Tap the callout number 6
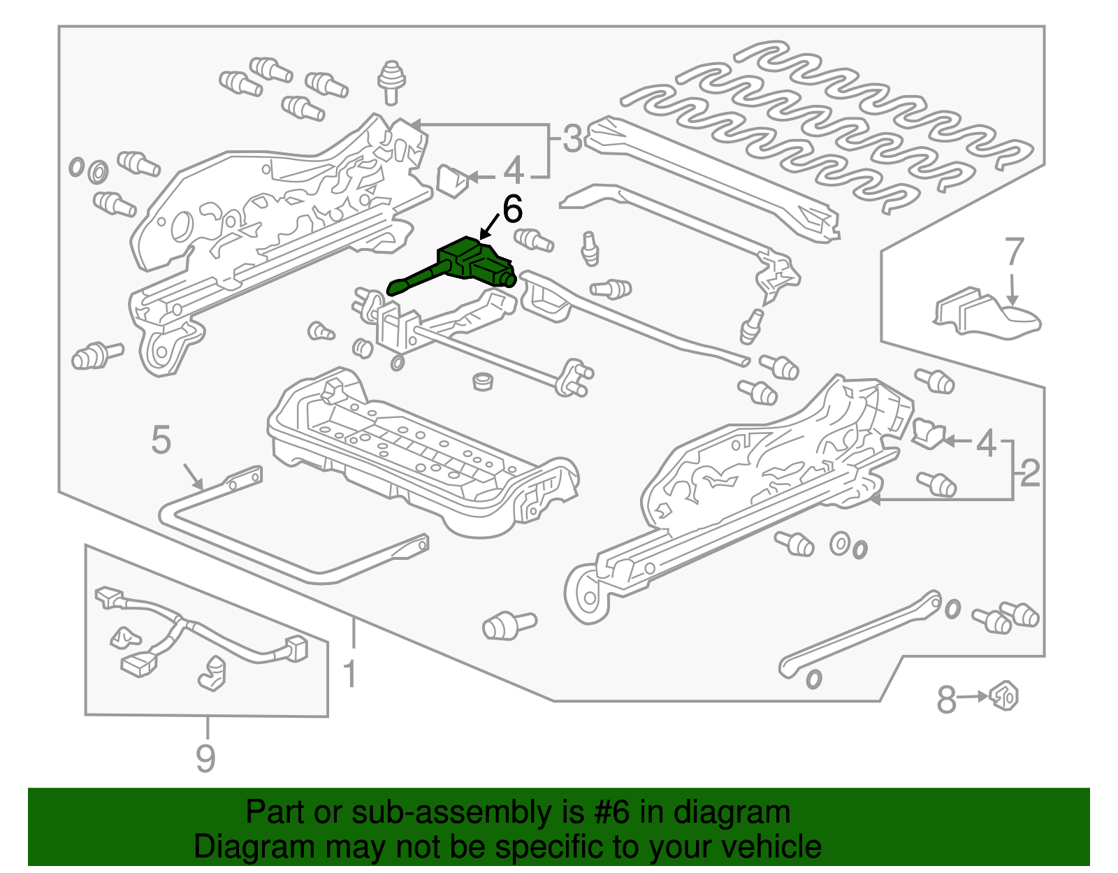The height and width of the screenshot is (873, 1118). pyautogui.click(x=512, y=209)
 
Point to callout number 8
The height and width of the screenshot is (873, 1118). pyautogui.click(x=946, y=699)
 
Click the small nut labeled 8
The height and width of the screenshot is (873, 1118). pyautogui.click(x=1005, y=695)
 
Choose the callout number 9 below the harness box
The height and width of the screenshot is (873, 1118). pyautogui.click(x=205, y=758)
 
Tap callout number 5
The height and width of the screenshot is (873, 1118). pyautogui.click(x=161, y=440)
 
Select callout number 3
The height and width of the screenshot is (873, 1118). pyautogui.click(x=572, y=139)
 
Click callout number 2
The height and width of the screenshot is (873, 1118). pyautogui.click(x=1030, y=474)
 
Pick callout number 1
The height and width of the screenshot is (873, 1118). pyautogui.click(x=350, y=675)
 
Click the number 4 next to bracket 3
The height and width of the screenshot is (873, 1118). pyautogui.click(x=514, y=171)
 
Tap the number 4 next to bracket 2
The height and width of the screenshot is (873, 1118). pyautogui.click(x=985, y=443)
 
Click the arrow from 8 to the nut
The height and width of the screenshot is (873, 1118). pyautogui.click(x=973, y=697)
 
